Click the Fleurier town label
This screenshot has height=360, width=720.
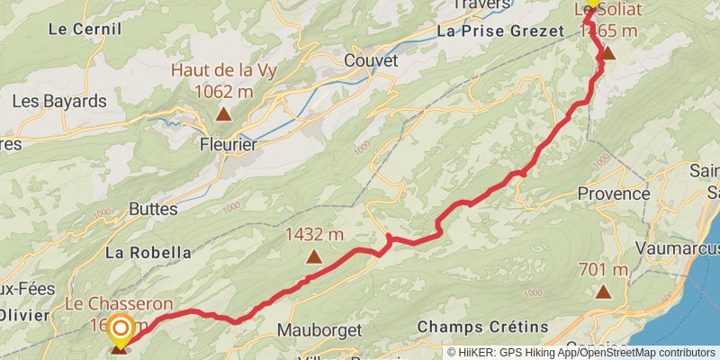tap(228, 144)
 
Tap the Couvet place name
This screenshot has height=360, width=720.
tap(370, 61)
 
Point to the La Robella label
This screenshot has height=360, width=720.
tap(148, 253)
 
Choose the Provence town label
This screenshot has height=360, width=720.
tap(613, 193)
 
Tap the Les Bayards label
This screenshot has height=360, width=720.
tap(59, 101)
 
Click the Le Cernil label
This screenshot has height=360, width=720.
tap(85, 29)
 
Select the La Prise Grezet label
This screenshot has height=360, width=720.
tap(499, 31)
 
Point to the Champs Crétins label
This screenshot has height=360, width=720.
tap(470, 326)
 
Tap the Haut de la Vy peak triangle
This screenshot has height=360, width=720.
tap(222, 113)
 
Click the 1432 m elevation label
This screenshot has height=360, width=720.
tap(314, 235)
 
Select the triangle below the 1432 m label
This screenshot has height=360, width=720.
tap(314, 256)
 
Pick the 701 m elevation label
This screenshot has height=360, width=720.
tap(603, 270)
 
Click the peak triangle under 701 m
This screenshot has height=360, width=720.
tap(603, 292)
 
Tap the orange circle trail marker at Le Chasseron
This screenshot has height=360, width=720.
tap(119, 330)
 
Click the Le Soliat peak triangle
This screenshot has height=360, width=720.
tap(607, 53)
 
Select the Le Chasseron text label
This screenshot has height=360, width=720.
tap(118, 304)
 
